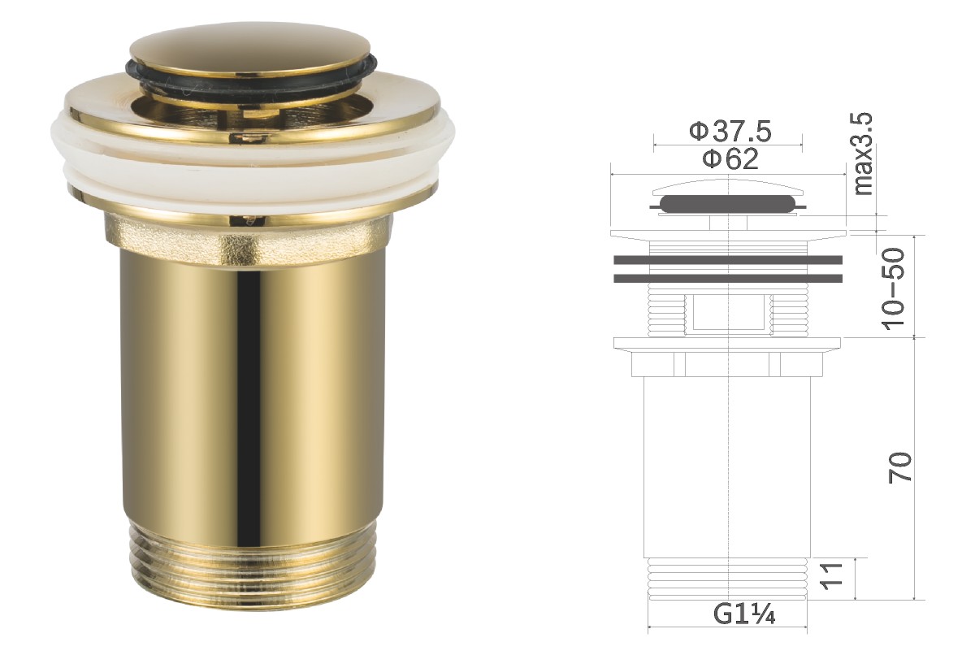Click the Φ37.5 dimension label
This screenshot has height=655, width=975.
pos(730,132)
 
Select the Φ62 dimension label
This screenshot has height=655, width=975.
pos(730,158)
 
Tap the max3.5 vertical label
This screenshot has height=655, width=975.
pos(864,154)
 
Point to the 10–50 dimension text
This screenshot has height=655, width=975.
pos(893,288)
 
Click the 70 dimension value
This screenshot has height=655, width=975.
pos(899,467)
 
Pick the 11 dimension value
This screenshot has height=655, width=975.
pos(831,576)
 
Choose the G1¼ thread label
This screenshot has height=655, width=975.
pos(744,614)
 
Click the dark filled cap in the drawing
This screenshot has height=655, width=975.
pos(728,204)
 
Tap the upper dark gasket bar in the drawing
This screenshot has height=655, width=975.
pos(728,260)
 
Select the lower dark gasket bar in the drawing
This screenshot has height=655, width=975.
pos(728,278)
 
